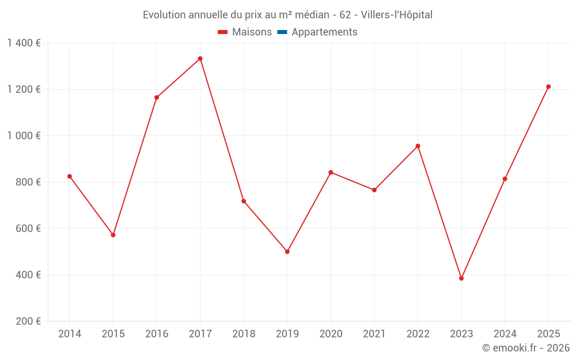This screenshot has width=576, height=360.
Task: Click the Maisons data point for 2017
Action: pos(200,59)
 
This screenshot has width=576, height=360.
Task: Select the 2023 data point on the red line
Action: pos(461,278)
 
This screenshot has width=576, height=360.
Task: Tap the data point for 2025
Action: pos(548,87)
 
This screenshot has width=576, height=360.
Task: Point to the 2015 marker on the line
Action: pos(113,235)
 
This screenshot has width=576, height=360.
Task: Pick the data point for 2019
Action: pos(287,252)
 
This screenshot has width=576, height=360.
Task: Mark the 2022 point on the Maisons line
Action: pos(418,146)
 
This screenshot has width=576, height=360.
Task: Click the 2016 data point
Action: pos(157,97)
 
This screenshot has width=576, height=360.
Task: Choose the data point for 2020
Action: pos(331,172)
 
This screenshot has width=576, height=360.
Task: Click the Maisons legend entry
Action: pos(245,32)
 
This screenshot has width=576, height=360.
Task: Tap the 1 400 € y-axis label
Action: pos(24,43)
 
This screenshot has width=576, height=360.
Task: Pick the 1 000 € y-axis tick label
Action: pos(24,136)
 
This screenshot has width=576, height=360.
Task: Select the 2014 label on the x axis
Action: pos(70,334)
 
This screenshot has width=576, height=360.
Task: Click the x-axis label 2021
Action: pos(374,334)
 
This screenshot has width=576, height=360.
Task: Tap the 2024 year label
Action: pos(505,334)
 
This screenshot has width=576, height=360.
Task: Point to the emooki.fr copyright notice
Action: pos(525,348)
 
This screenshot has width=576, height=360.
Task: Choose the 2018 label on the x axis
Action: pos(244,334)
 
